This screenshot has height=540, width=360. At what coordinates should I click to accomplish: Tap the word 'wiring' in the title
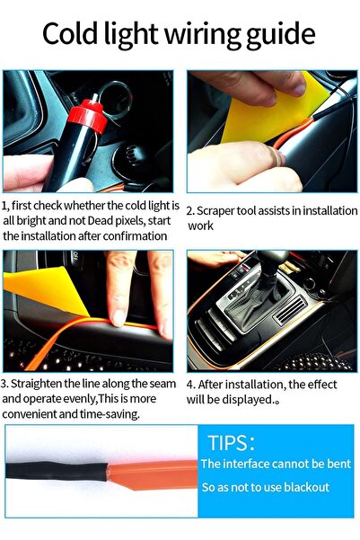tap(206, 36)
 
